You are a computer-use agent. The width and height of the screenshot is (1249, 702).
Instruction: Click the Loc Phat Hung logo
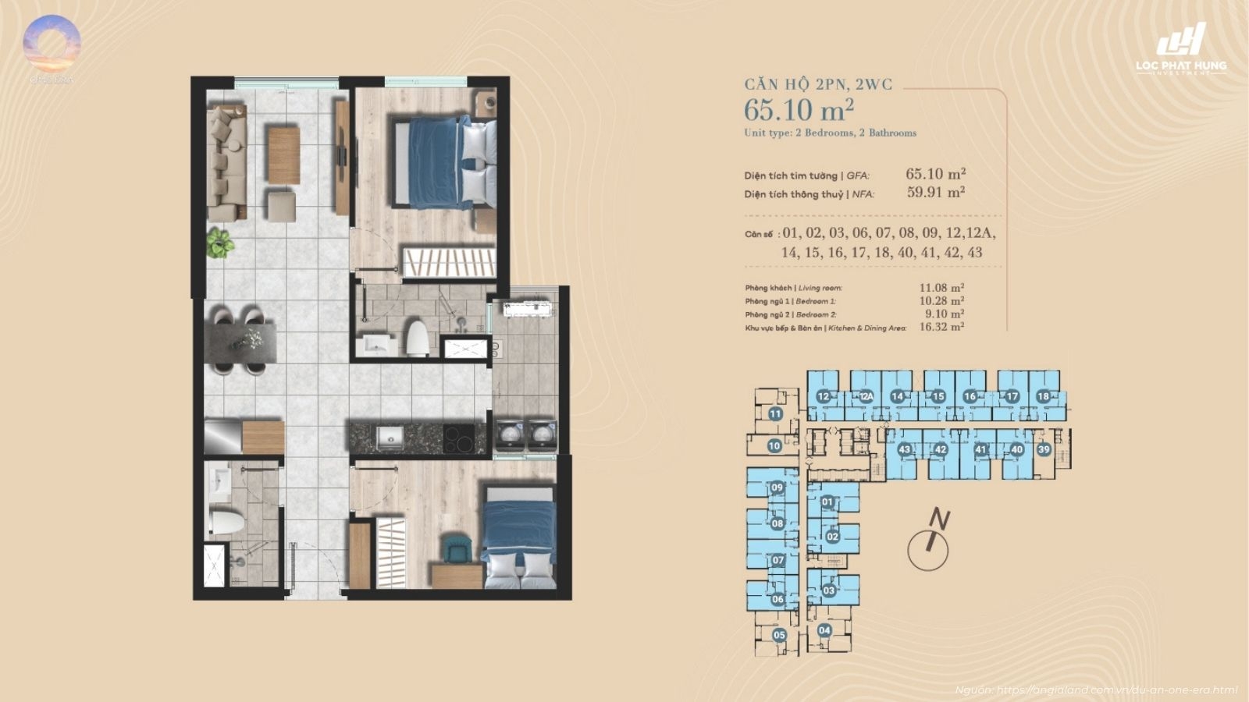click(x=1181, y=48)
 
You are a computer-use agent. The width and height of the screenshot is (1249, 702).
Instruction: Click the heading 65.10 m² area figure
click(x=799, y=110)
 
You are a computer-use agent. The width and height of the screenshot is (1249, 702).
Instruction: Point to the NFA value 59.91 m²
click(x=935, y=192)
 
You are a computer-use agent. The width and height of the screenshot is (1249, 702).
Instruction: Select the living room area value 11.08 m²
click(x=941, y=288)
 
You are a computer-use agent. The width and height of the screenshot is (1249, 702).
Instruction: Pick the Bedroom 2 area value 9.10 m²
click(x=944, y=314)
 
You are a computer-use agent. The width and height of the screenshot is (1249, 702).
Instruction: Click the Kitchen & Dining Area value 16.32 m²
click(x=941, y=328)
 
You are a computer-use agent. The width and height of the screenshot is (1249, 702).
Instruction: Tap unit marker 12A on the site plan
click(x=866, y=396)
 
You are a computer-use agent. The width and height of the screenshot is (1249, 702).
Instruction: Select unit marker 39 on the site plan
click(x=1044, y=449)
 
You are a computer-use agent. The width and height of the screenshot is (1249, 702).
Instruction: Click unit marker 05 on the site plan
click(x=779, y=635)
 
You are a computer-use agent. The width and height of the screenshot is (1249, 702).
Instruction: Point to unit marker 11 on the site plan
click(x=775, y=414)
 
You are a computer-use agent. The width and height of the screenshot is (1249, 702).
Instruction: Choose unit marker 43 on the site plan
click(x=904, y=449)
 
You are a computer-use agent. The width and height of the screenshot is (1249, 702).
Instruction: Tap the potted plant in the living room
click(x=220, y=243)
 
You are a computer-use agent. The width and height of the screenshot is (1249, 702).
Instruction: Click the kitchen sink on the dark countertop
click(x=390, y=437)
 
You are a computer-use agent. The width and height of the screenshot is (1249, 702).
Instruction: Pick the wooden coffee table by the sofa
click(x=283, y=154)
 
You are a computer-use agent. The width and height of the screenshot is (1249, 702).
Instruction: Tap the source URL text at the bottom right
click(x=1097, y=690)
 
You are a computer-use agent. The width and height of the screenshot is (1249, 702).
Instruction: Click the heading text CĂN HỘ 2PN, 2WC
click(x=817, y=84)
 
